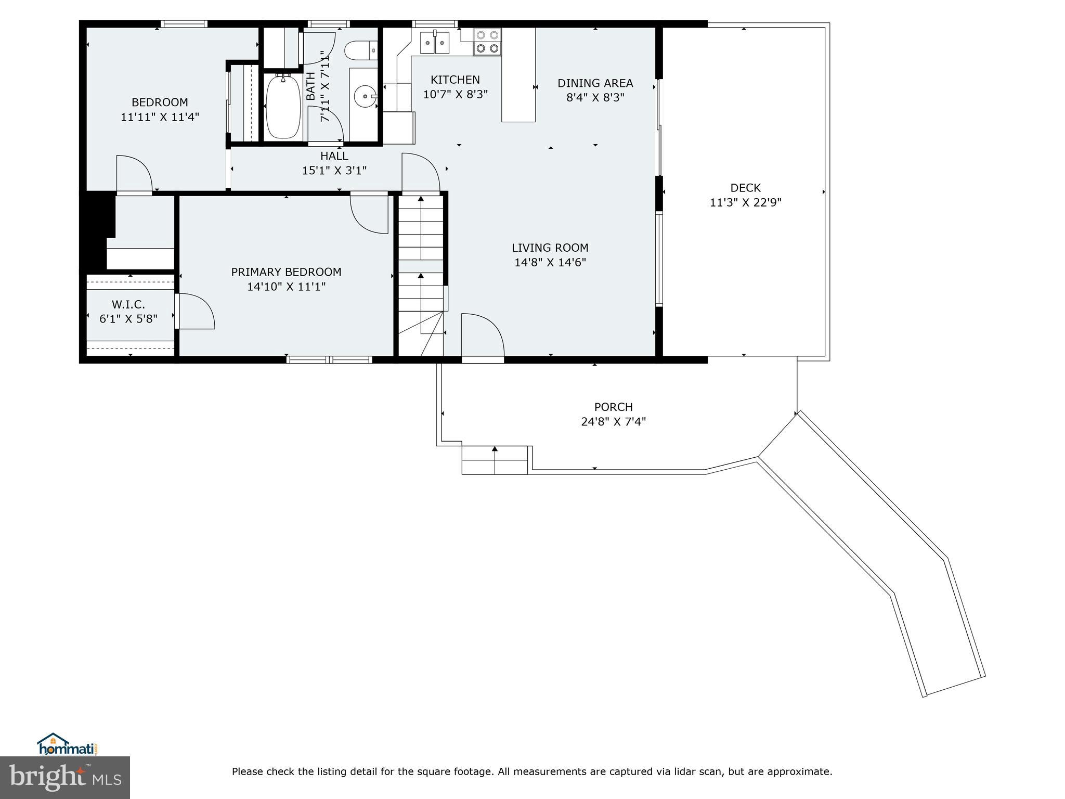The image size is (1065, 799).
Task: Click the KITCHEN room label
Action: point(455,80)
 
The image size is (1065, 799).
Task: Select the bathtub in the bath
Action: point(283,107)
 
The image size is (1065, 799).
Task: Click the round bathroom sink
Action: point(366,96)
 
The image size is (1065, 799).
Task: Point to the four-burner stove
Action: point(487,42)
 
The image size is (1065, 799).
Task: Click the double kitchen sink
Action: point(435,42)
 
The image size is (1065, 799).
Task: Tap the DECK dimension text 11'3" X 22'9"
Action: point(746,202)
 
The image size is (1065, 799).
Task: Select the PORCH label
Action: point(614,407)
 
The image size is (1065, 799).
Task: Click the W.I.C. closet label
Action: point(128,304)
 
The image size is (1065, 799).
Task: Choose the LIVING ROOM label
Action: point(550,248)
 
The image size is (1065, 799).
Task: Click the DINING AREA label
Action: point(595,83)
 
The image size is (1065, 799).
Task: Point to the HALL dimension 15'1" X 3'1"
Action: point(334,170)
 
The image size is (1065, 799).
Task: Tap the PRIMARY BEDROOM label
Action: point(286,272)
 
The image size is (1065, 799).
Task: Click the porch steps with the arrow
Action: point(495,460)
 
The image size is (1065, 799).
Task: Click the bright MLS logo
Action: point(65,777)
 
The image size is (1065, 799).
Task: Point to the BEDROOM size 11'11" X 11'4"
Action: point(160,117)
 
